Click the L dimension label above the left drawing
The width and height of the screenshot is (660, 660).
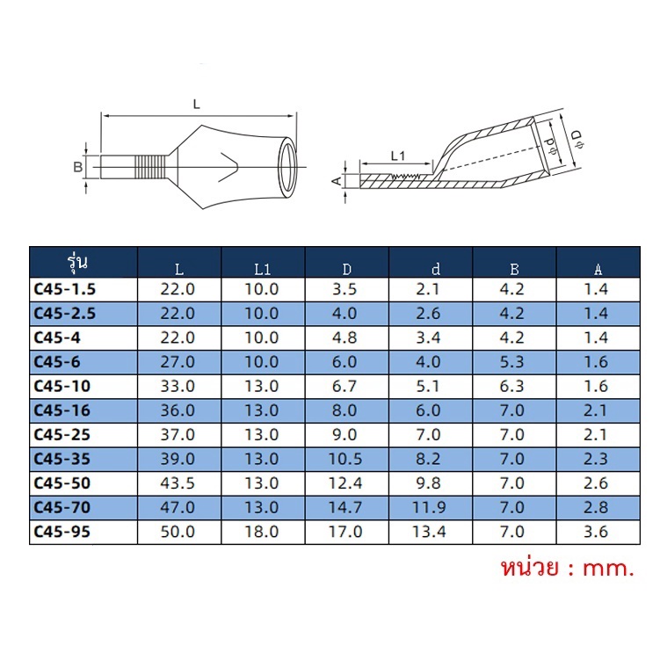tap(197, 104)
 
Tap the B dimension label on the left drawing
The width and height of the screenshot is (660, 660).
tap(78, 167)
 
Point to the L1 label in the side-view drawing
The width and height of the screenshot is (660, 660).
tap(398, 156)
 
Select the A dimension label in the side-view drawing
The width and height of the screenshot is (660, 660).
tap(337, 180)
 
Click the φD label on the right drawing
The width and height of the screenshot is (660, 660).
tap(578, 140)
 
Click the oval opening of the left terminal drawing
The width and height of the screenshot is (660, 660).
tap(287, 168)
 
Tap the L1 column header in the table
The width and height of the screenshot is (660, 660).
tap(263, 270)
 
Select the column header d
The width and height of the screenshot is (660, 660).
tap(436, 269)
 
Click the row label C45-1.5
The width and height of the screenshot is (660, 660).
tap(65, 289)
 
